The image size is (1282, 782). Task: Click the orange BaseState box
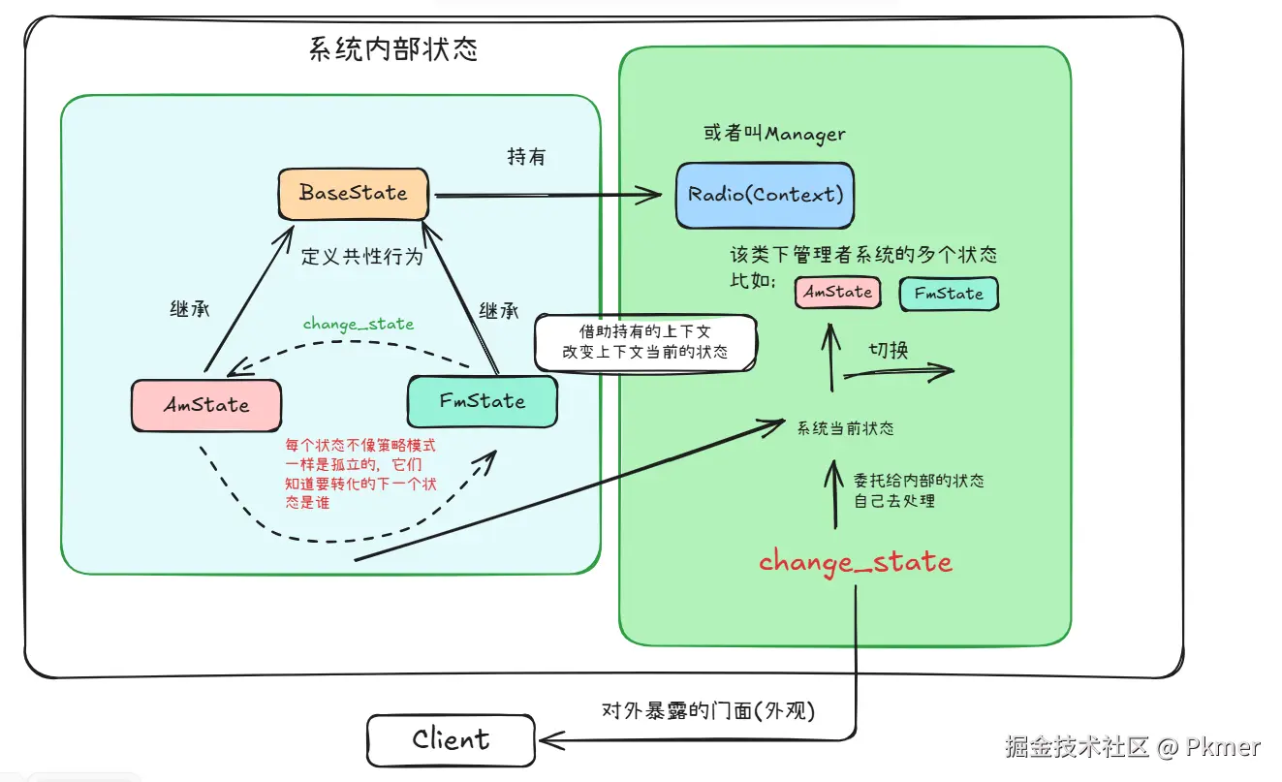coord(353,194)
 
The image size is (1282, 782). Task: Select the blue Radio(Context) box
coord(766,195)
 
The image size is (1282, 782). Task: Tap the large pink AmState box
coord(206,405)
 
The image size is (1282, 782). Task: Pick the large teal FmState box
coord(483,401)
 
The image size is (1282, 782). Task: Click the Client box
coord(451,739)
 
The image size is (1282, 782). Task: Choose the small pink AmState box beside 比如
coord(838,293)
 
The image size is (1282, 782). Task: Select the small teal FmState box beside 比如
coord(949,294)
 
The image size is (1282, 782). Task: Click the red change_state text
coord(856,562)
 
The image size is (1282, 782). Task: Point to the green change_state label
coord(359,324)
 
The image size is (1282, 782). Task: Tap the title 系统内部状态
coord(393,49)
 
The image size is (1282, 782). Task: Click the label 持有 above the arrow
coord(526,156)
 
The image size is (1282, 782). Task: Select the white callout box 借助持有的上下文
coord(645,342)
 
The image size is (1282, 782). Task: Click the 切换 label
coord(889,350)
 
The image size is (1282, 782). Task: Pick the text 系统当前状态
coord(845,428)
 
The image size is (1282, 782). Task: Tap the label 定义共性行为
coord(361,256)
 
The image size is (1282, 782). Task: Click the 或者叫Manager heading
coord(774,134)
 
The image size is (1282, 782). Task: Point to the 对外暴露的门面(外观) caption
coord(708,711)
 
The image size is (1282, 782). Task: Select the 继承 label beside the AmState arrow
coord(189,309)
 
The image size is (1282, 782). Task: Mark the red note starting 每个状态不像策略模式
coord(360,474)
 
